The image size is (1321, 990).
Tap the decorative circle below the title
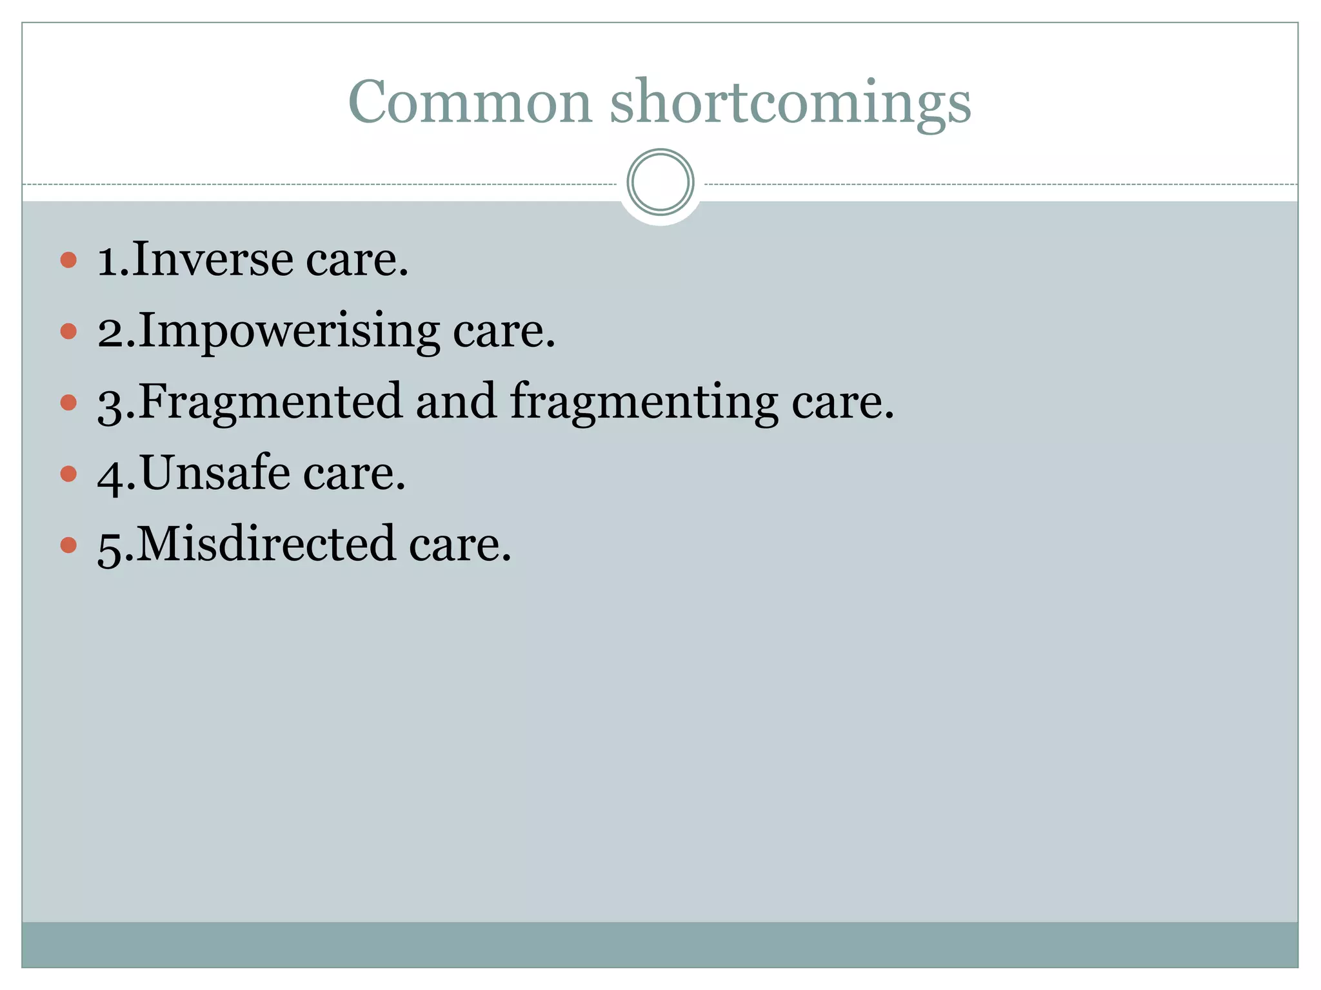pos(660,182)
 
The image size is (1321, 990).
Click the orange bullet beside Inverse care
pos(68,260)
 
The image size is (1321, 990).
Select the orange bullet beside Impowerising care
pos(68,331)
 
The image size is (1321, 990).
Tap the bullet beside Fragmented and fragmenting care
pos(68,403)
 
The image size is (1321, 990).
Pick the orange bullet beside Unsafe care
pos(68,474)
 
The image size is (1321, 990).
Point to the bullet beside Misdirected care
pos(68,545)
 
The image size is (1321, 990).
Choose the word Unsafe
pos(215,473)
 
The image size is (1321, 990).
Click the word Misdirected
pos(266,544)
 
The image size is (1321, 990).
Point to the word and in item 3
pos(456,402)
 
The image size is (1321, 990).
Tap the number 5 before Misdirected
pos(109,547)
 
